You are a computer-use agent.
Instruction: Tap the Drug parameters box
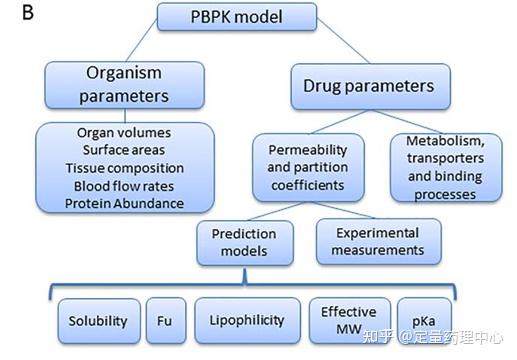click(x=369, y=86)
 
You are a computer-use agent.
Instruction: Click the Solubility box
click(x=98, y=321)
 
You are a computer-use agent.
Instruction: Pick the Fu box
click(x=165, y=321)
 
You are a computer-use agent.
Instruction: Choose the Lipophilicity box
click(x=246, y=321)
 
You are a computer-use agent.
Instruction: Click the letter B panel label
click(x=11, y=13)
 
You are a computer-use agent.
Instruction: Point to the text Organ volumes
click(x=124, y=133)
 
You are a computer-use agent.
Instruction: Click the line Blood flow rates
click(x=124, y=186)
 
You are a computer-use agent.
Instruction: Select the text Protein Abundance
click(x=124, y=203)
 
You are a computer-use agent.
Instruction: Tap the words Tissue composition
click(x=124, y=168)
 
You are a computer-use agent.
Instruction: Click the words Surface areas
click(x=124, y=150)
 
